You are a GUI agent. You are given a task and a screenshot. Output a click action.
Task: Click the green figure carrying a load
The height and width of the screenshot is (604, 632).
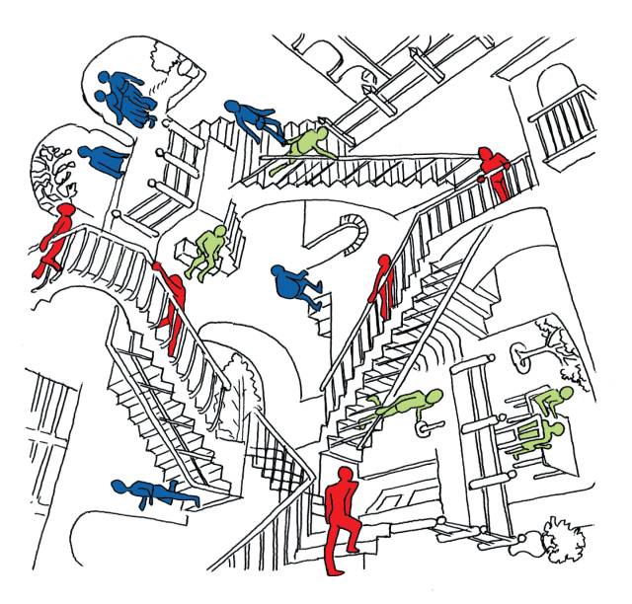tap(210, 252)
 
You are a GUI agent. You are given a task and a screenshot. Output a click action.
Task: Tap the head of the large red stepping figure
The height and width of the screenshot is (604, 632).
tap(344, 477)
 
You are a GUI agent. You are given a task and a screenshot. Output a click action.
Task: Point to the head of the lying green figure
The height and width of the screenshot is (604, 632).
tap(432, 397)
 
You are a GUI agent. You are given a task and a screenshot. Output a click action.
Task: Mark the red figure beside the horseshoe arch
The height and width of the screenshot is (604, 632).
tap(380, 286)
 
